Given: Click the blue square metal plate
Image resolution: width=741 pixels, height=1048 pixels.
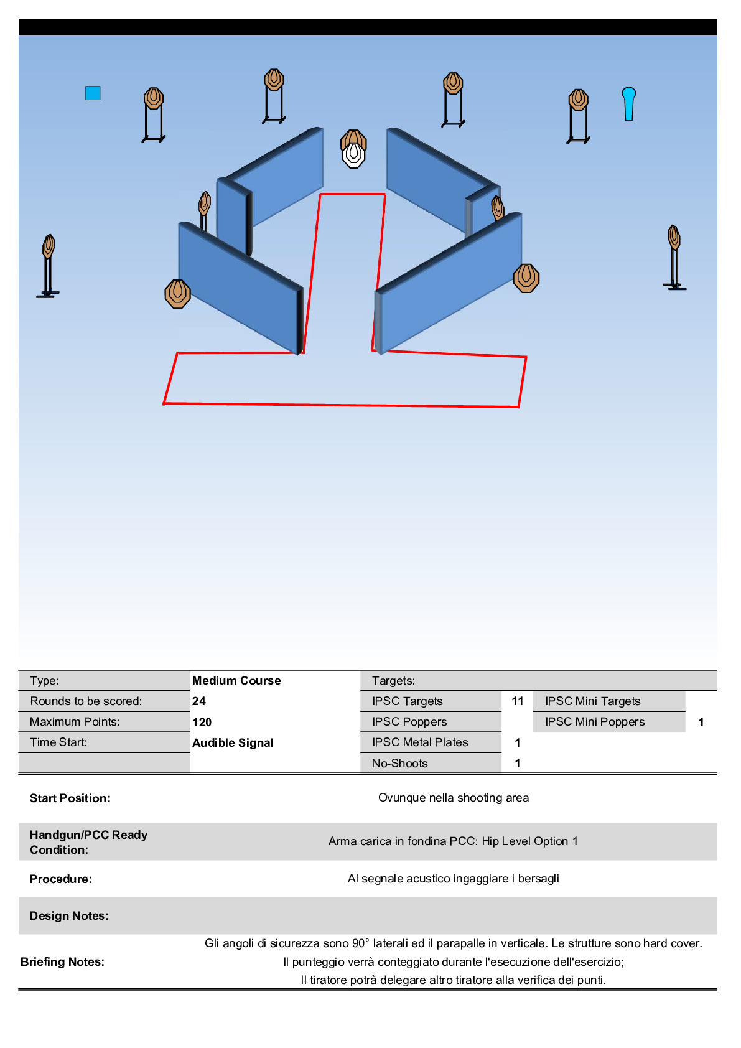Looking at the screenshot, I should click(93, 93).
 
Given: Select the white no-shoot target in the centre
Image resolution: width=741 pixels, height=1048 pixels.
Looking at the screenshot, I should click(353, 155).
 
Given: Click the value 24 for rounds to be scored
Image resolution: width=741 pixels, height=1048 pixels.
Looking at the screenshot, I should click(199, 701).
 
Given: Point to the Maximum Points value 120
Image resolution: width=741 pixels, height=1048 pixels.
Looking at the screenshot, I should click(202, 722).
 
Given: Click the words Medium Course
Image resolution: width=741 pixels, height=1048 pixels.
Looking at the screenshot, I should click(236, 681).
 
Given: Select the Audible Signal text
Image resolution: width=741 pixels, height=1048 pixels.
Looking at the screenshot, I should click(233, 742).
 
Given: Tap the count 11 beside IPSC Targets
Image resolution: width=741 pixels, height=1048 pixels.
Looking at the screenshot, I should click(518, 701).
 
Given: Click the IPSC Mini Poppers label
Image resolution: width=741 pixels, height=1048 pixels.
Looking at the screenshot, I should click(595, 722).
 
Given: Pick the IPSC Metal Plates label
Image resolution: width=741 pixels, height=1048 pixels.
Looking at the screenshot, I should click(420, 742).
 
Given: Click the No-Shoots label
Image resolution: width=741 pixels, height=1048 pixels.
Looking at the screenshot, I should click(399, 764).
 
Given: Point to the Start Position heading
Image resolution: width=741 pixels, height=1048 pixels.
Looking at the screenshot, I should click(70, 798).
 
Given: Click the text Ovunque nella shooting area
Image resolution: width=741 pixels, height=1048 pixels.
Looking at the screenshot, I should click(454, 798).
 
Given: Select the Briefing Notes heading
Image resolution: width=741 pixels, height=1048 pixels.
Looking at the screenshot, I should click(62, 962).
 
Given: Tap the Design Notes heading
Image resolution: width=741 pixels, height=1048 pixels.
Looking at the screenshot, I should click(69, 916).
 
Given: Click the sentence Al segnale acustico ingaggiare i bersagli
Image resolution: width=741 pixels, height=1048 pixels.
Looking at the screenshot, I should click(454, 879).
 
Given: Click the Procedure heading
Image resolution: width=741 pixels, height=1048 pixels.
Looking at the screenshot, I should click(61, 879).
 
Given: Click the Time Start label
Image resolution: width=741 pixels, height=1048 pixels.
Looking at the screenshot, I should click(58, 742).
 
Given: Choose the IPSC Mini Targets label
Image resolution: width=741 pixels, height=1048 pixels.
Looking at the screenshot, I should click(592, 701).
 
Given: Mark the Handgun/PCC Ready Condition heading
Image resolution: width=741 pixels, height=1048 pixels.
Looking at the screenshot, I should click(88, 842).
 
